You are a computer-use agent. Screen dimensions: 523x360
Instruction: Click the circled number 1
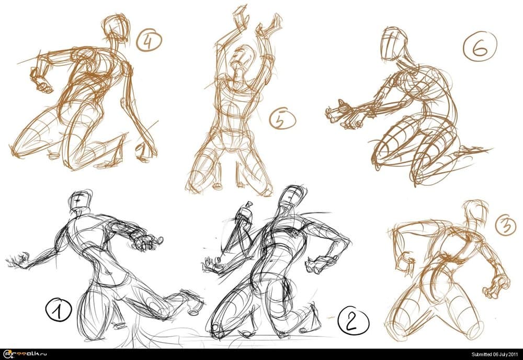click(x=59, y=310)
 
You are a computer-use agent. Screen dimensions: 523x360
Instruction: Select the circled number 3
click(x=506, y=225)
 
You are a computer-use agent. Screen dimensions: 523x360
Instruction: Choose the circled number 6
click(x=480, y=47)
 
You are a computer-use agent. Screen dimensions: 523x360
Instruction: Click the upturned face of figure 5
click(x=240, y=59)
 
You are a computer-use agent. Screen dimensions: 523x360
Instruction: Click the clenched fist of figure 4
click(x=41, y=81)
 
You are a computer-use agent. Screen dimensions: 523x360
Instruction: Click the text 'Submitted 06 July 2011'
click(x=495, y=354)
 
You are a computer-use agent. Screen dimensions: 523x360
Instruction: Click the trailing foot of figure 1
click(x=190, y=301)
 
